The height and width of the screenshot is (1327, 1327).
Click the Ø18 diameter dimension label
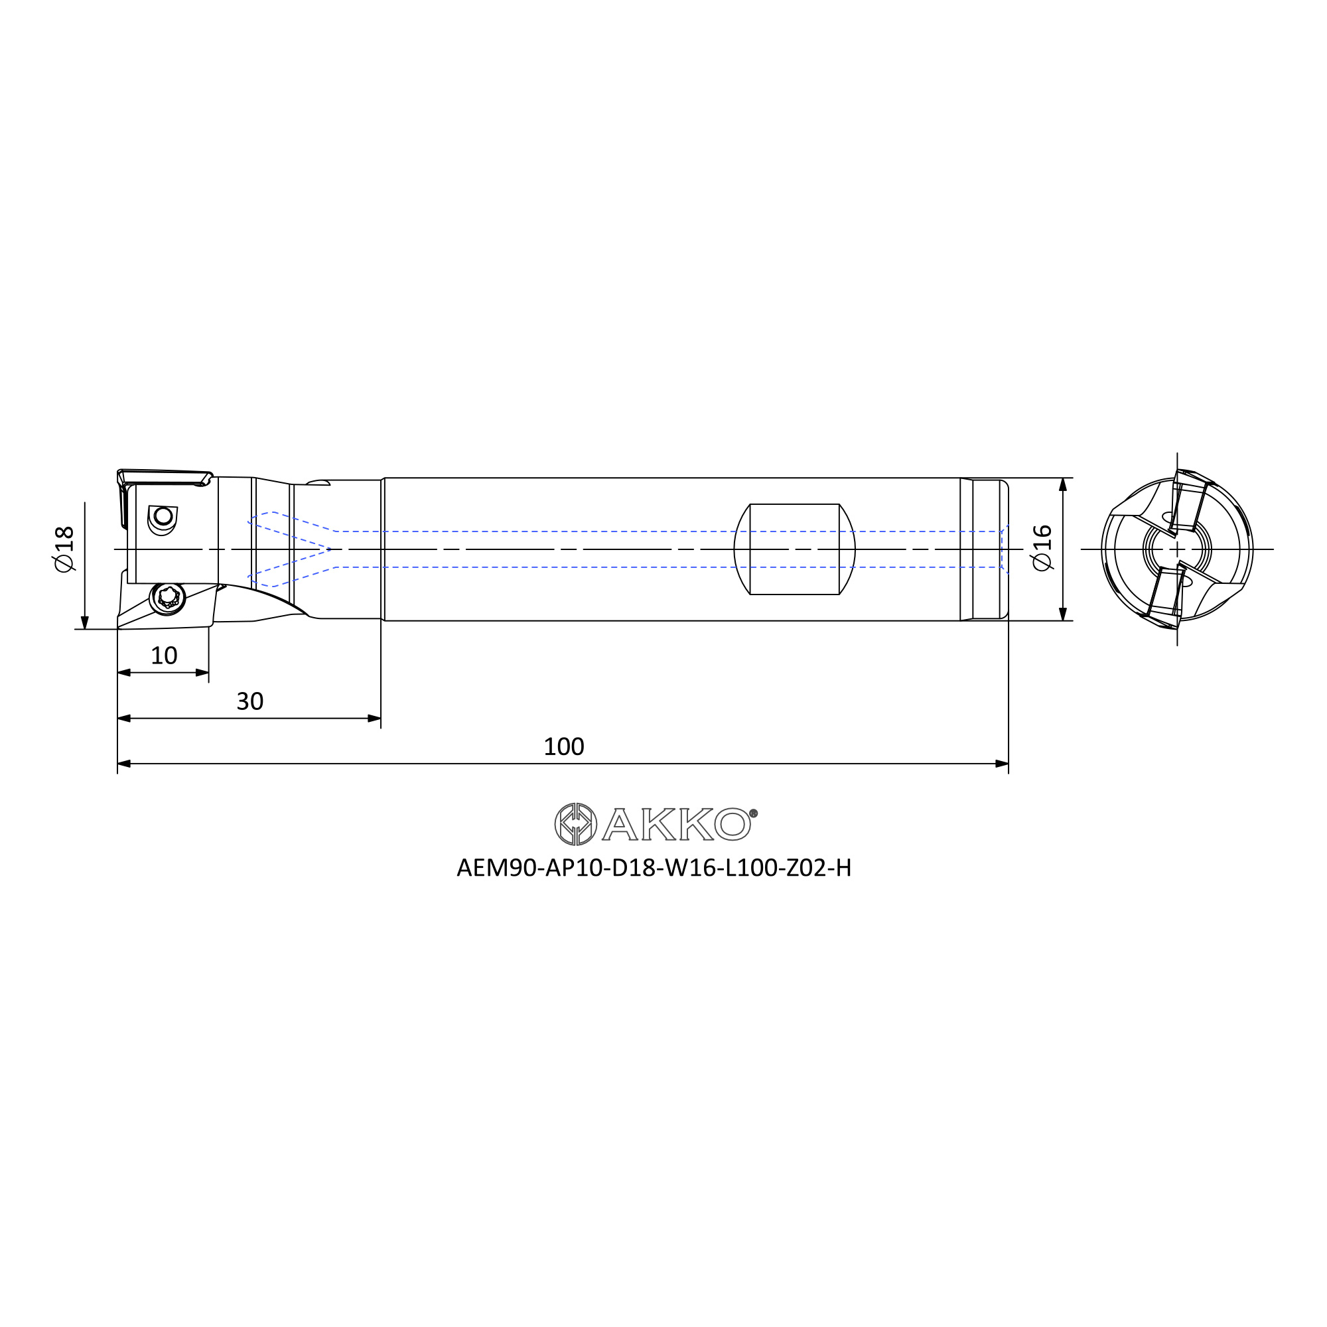63,549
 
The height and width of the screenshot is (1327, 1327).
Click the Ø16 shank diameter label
1041,547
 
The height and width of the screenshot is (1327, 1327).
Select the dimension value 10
163,656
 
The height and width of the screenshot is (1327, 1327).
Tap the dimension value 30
250,701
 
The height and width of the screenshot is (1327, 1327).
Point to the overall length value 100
563,746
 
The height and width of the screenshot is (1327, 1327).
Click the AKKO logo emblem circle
575,823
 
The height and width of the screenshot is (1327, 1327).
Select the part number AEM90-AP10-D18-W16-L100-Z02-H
654,868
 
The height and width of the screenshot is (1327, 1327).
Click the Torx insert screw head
168,598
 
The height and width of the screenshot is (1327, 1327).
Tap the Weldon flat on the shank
795,549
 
